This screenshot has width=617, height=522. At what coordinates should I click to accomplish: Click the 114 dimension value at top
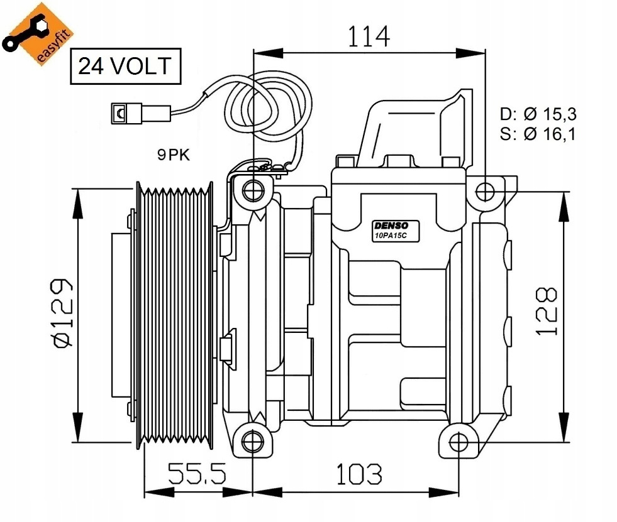tap(369, 36)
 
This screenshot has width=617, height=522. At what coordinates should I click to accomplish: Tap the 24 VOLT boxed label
tap(126, 66)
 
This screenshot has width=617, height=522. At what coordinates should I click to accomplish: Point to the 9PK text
tap(174, 155)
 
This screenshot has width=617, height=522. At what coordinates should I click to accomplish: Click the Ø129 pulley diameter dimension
tap(64, 313)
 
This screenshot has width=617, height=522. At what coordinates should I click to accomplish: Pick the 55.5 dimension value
tap(197, 473)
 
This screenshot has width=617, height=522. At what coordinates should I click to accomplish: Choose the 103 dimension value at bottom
tap(359, 474)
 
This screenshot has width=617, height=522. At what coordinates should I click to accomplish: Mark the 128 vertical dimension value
tap(547, 312)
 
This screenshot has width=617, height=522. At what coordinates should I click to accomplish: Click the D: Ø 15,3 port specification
tap(538, 114)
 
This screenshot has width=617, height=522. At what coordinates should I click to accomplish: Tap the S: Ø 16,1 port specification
tap(538, 134)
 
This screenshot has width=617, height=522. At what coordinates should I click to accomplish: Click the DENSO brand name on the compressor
tap(391, 226)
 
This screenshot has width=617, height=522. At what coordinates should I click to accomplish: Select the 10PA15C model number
tap(391, 236)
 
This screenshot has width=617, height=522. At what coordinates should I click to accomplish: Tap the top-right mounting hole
tap(485, 192)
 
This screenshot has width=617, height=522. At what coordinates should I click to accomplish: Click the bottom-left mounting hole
tap(252, 440)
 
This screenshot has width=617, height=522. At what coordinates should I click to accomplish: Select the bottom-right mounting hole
tap(459, 442)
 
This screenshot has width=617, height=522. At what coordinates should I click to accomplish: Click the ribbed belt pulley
tap(175, 315)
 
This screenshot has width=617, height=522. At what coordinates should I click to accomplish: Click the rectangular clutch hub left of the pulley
tap(123, 315)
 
